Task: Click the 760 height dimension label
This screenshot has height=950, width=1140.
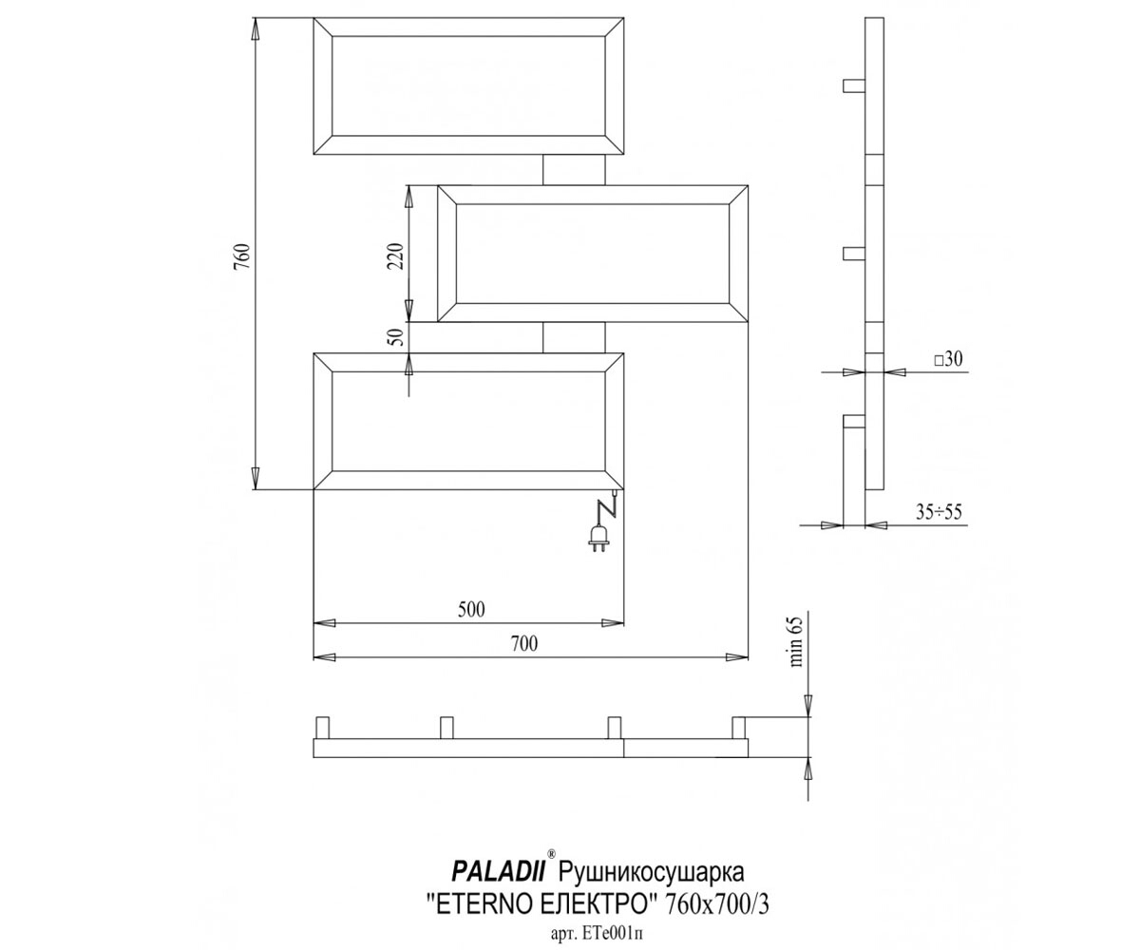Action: point(243,256)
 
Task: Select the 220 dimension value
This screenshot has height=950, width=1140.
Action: point(396,256)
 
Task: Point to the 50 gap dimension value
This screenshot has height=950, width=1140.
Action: point(397,334)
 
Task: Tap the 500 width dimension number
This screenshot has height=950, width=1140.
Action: point(471,609)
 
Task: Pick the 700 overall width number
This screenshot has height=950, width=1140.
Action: point(524,644)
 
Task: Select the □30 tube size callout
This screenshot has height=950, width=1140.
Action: point(948,359)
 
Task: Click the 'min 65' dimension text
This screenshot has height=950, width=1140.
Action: point(797,641)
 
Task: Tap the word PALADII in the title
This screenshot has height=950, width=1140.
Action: point(498,872)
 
